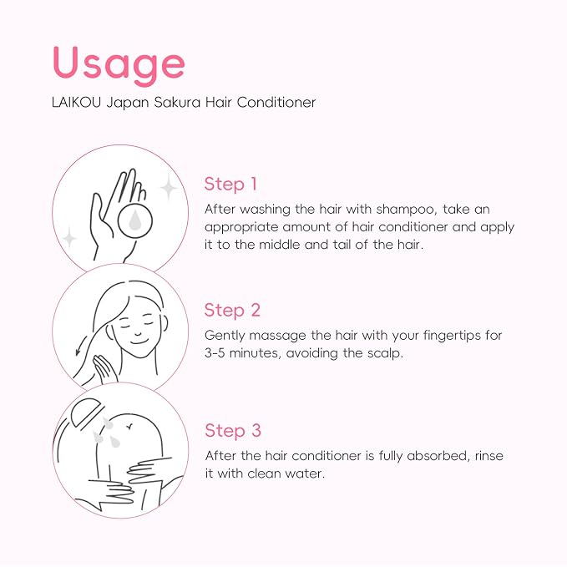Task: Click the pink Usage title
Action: [119, 65]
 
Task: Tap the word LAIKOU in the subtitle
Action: [76, 103]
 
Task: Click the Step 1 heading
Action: [230, 184]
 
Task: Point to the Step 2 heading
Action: [232, 311]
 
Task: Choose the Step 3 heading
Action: [233, 431]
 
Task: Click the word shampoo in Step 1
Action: [406, 210]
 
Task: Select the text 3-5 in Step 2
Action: [215, 353]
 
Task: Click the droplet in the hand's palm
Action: [135, 220]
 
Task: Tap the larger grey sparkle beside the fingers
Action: [169, 187]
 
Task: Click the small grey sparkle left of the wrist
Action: [69, 238]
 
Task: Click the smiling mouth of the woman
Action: [138, 341]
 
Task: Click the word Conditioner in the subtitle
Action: [276, 103]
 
